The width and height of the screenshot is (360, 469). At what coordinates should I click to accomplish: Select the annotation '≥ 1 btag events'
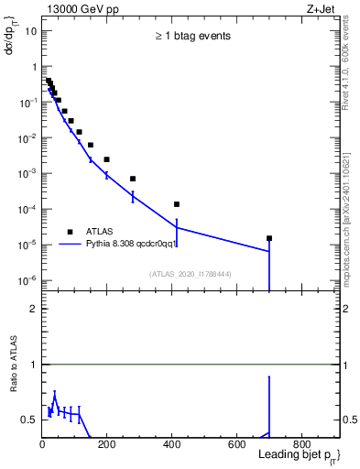point(191,37)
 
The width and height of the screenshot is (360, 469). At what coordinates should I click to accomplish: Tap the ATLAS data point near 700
point(269,238)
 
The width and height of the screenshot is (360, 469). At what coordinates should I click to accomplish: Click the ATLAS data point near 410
point(176,204)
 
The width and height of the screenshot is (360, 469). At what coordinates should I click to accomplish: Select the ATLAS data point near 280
point(133,179)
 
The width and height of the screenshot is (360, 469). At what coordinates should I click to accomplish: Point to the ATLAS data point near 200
point(106,159)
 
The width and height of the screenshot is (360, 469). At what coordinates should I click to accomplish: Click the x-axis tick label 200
point(106,446)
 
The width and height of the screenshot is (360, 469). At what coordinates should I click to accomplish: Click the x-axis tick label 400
point(171,446)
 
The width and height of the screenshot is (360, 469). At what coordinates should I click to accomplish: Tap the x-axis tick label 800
point(300,446)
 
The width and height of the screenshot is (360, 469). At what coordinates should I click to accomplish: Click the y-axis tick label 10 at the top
point(31,31)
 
